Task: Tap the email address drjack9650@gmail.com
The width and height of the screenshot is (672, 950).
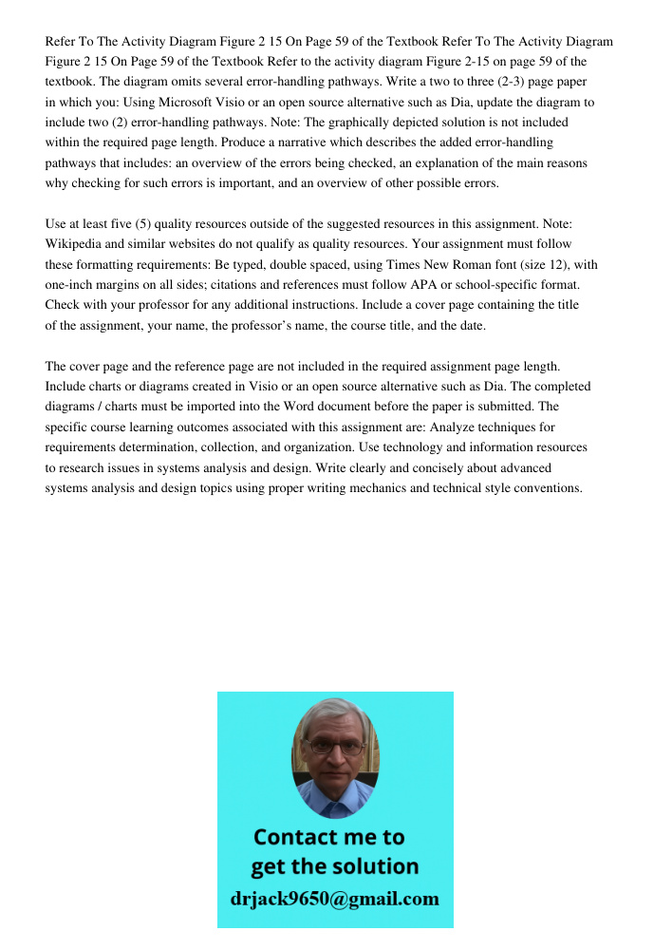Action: [x=335, y=899]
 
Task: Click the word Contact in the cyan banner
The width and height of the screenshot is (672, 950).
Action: [x=294, y=837]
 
